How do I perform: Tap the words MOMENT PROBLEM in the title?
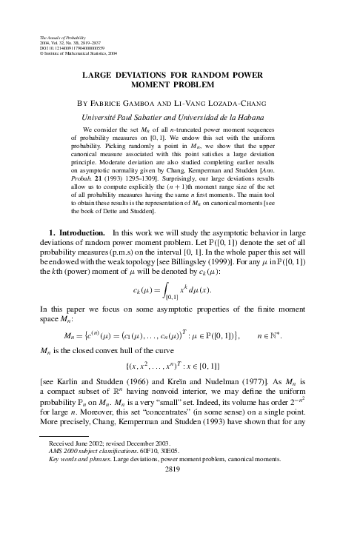(x=180, y=86)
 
